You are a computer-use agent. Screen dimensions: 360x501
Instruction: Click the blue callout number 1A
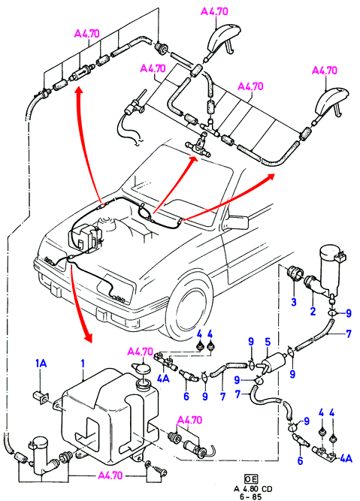coord(41,364)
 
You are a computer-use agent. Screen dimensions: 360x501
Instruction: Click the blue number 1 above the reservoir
coord(83,364)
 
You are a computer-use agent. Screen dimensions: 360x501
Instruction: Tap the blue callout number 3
coord(294,302)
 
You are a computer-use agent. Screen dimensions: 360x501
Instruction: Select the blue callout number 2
coord(313,311)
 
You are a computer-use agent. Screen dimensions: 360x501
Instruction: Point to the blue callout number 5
coord(268,342)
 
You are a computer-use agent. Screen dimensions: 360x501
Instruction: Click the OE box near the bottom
coord(251,478)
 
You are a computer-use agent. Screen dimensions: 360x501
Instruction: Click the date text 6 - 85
coord(251,496)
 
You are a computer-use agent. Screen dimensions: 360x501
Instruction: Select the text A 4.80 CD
coord(253,489)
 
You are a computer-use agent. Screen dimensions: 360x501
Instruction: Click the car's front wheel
coord(189,306)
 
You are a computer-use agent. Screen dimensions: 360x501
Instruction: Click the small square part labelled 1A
coord(41,397)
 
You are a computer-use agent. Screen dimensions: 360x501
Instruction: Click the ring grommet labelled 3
coord(295,273)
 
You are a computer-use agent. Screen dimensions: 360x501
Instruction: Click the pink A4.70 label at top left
coord(86,34)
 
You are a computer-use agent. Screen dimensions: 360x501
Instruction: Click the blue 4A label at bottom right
coord(346,458)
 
